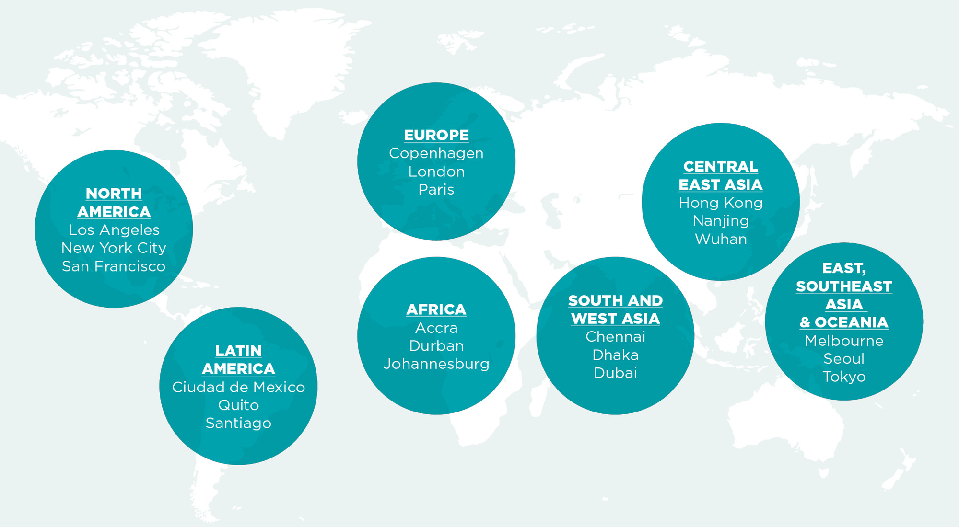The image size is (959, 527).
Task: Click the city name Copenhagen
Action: point(436,153)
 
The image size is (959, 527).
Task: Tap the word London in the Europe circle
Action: point(436,172)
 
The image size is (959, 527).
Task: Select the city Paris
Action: point(436,190)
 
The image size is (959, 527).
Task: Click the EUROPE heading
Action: point(436,135)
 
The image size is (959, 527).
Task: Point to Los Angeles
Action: point(114,230)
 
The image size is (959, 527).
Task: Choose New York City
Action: point(114,248)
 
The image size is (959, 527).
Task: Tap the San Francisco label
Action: point(114,266)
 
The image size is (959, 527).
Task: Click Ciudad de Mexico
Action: point(238,387)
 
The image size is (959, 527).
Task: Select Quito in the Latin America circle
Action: point(238,405)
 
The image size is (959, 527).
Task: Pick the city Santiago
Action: point(238,424)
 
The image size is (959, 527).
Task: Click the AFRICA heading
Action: point(436,309)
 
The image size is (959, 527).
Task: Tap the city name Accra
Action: point(436,328)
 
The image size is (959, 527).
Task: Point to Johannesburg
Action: point(436,364)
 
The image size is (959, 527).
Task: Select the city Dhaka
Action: point(615,355)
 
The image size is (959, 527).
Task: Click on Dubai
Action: point(615,373)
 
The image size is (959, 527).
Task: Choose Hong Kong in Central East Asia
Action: point(720,203)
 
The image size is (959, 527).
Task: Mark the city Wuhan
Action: point(720,239)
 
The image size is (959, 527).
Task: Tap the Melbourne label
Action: point(844,341)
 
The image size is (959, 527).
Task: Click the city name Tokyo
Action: point(844,377)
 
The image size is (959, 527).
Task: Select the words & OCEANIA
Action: point(844,322)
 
